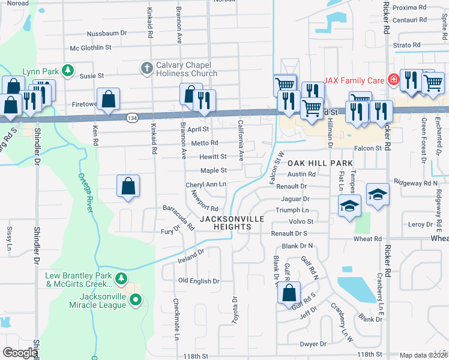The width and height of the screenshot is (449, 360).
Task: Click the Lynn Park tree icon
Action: click(68, 71)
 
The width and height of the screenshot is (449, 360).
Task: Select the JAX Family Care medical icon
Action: click(393, 79)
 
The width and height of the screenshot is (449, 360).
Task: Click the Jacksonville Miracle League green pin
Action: click(136, 299)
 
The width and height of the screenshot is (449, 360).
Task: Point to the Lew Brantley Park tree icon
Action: click(122, 278)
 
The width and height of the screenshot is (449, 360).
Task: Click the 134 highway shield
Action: click(130, 119)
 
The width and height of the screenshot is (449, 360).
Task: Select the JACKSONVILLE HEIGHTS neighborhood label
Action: click(232, 223)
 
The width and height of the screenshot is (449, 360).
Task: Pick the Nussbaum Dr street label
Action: click(107, 34)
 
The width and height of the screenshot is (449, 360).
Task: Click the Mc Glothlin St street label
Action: click(91, 47)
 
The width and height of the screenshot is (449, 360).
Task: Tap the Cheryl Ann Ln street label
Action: click(206, 185)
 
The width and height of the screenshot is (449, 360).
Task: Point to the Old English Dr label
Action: click(199, 281)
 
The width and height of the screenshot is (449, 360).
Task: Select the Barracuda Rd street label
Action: click(178, 217)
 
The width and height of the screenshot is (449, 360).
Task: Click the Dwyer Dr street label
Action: click(313, 344)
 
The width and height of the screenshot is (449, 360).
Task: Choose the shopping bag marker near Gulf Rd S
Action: click(289, 293)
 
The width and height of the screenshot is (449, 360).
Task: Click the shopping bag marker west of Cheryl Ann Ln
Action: click(128, 185)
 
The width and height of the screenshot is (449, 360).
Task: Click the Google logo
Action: click(20, 353)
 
